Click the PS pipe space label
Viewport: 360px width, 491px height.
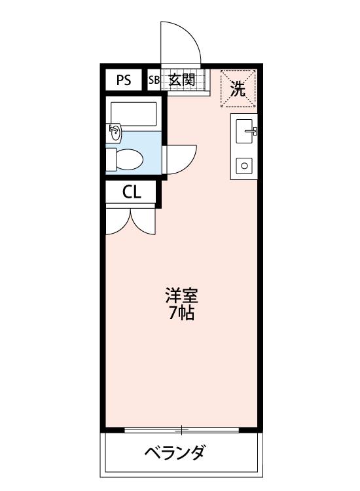[124, 81]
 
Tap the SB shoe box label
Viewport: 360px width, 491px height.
[154, 81]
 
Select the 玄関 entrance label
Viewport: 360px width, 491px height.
[182, 81]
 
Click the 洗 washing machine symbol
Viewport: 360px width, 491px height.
[238, 88]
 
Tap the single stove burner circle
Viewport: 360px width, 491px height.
[245, 166]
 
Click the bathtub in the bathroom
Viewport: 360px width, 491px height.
[134, 115]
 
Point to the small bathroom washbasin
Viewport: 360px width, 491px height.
[115, 133]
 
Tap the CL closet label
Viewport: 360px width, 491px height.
[132, 192]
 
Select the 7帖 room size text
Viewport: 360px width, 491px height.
[181, 313]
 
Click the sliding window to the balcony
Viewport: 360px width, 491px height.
[182, 430]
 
